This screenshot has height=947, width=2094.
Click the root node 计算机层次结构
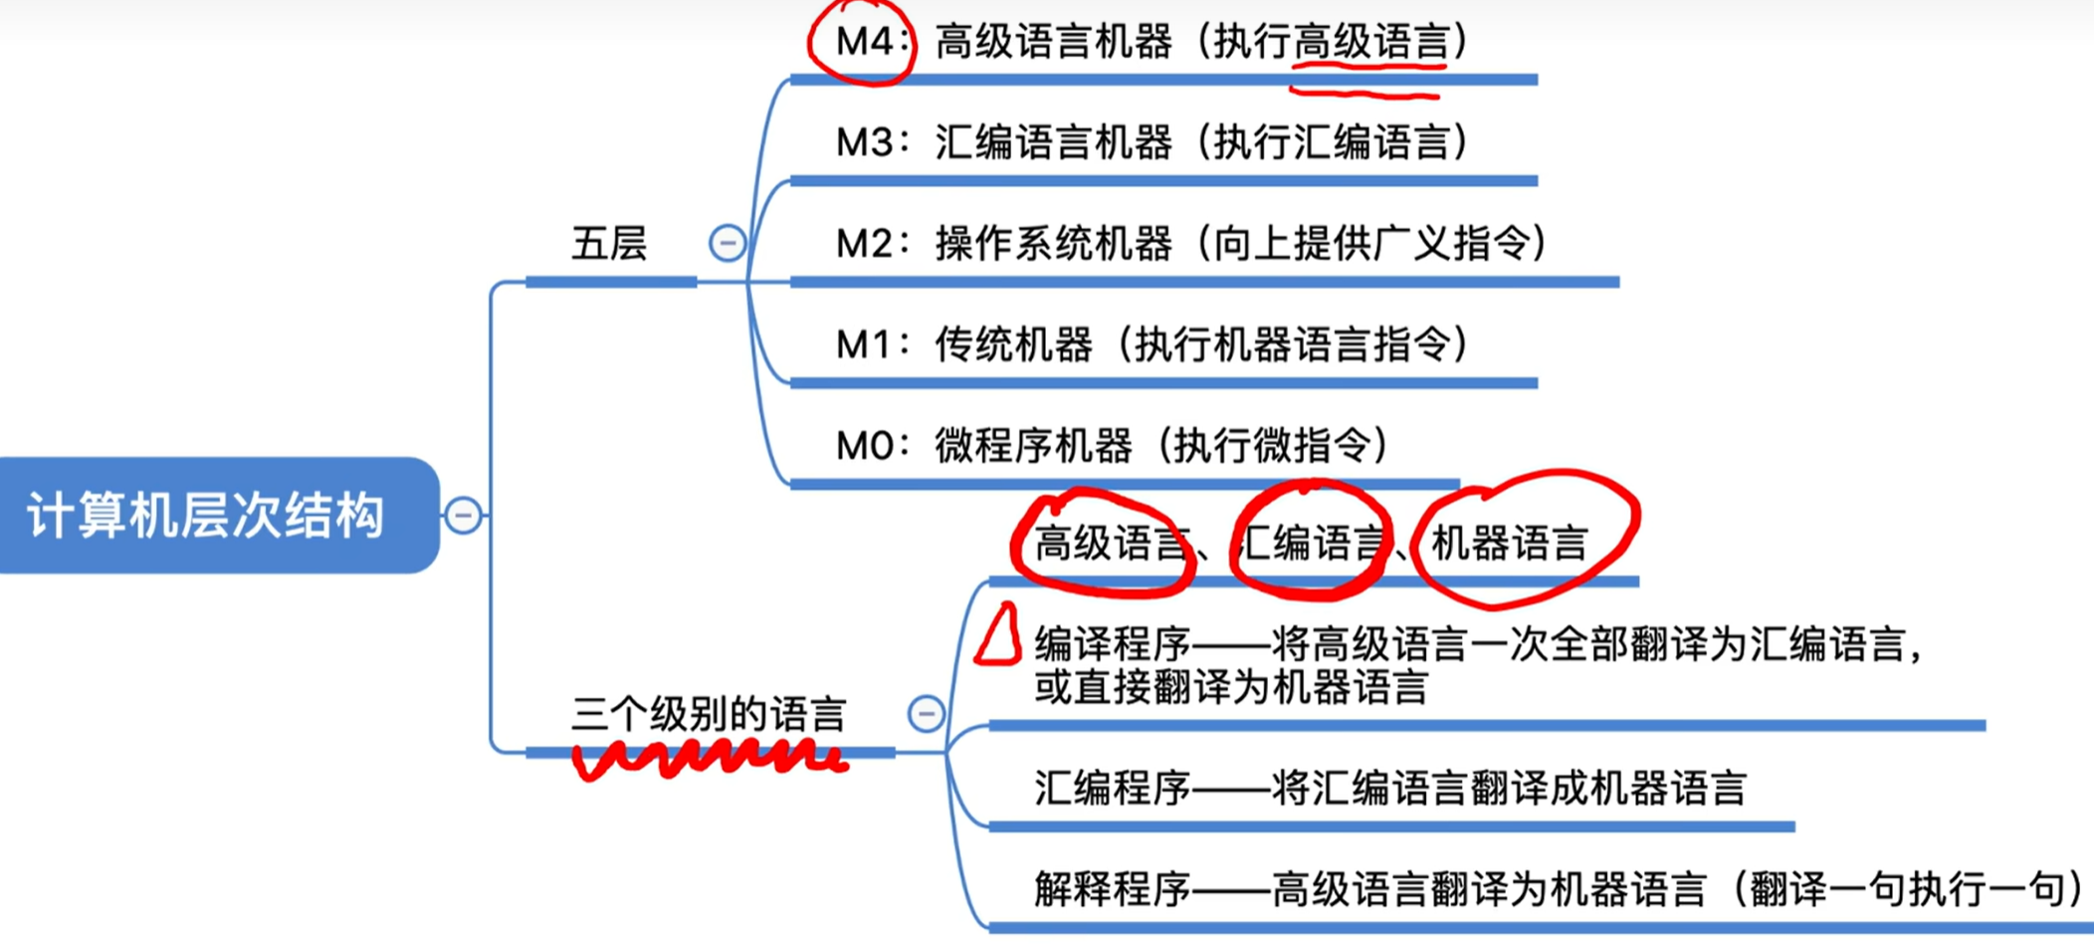[x=207, y=515]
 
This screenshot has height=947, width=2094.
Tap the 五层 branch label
[x=609, y=244]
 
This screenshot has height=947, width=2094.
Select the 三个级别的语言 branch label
[x=709, y=714]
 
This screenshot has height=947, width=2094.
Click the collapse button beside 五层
[x=728, y=243]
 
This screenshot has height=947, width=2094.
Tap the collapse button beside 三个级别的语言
[x=926, y=713]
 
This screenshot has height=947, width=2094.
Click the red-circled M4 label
[x=862, y=42]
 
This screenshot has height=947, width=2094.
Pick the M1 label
[x=862, y=345]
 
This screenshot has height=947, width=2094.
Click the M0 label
[x=862, y=445]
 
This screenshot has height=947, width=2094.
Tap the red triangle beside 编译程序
[x=999, y=635]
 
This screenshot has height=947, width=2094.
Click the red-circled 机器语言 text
[x=1509, y=544]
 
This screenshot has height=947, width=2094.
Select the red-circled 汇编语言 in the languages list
[x=1312, y=544]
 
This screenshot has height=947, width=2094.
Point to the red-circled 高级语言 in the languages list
[x=1111, y=544]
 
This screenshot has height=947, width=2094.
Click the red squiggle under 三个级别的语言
[x=709, y=759]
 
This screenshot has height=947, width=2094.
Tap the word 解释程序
[x=1113, y=889]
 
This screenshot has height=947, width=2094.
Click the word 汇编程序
[x=1113, y=788]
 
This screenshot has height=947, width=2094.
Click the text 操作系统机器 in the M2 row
[x=1053, y=244]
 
